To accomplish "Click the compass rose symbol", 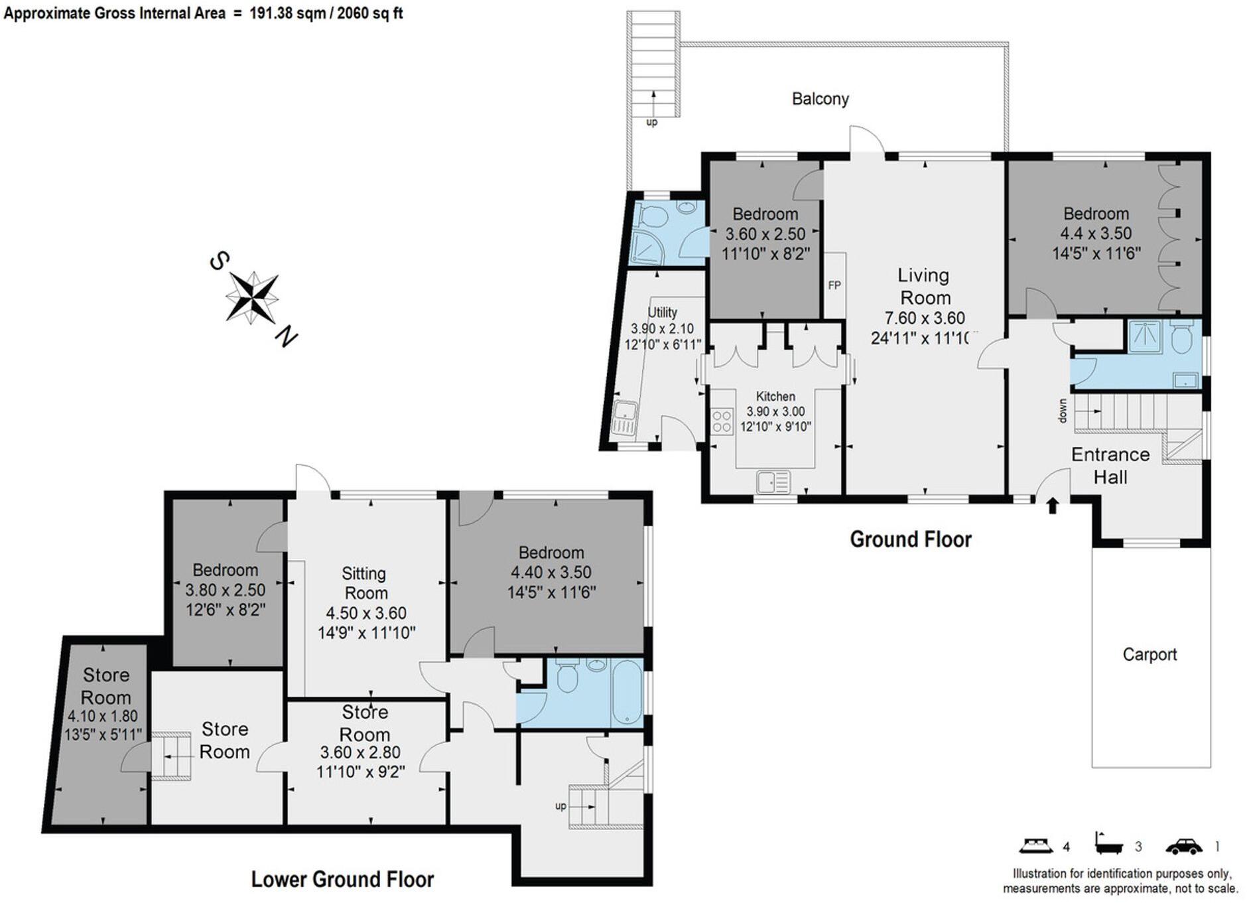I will (251, 297).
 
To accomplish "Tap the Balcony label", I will (820, 99).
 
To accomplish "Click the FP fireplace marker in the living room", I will (834, 285).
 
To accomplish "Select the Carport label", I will (1149, 654).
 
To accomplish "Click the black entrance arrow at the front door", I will (1052, 506).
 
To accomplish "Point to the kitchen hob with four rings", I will (722, 422).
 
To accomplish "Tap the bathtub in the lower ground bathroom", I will (626, 693).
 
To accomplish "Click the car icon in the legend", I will (1183, 847).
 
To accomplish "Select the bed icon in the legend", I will (1036, 846).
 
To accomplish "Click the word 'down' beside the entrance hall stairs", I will (1063, 411).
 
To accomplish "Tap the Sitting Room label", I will (365, 583).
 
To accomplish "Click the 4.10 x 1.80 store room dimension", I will (103, 717).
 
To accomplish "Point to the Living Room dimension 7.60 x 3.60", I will (925, 318).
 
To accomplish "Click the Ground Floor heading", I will (910, 539).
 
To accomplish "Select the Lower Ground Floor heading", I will (342, 879).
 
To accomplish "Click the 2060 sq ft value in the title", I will (370, 13).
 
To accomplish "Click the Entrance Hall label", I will (1110, 466).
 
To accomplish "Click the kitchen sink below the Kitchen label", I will (773, 482).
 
